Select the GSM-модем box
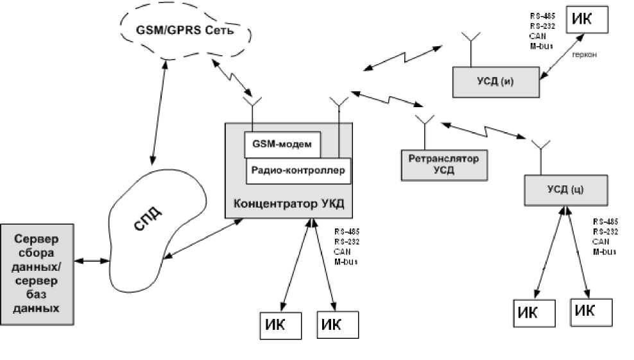(x=282, y=145)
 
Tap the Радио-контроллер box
(x=298, y=171)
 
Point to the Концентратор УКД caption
(x=289, y=205)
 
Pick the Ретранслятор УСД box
(x=443, y=164)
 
